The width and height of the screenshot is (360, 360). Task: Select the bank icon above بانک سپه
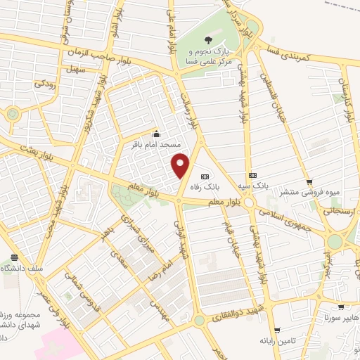(x=251, y=175)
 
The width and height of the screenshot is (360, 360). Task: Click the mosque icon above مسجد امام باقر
(x=156, y=134)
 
